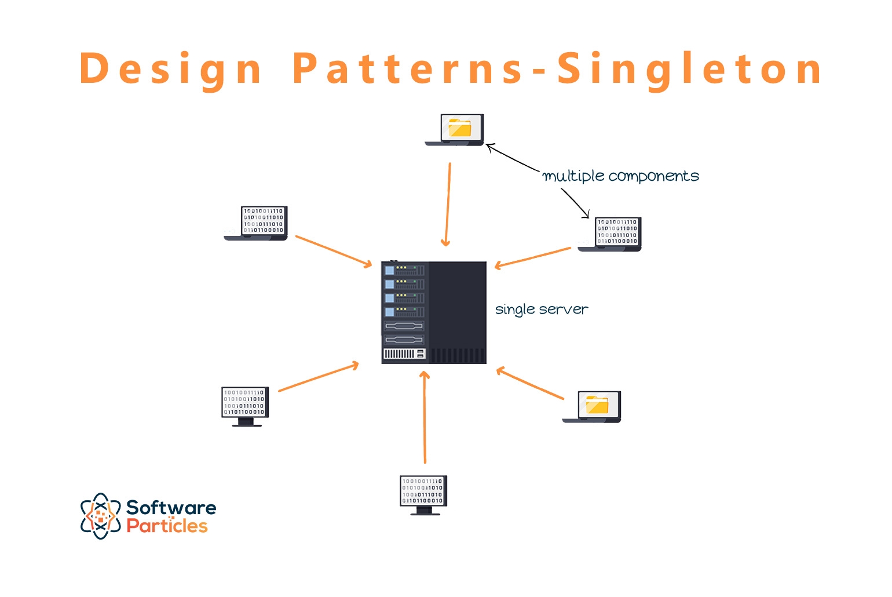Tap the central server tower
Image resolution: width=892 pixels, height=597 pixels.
tap(433, 312)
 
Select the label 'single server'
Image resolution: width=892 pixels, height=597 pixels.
tap(541, 310)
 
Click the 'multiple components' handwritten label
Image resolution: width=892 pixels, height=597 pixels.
tap(620, 176)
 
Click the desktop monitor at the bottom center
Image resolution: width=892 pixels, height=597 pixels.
tap(423, 494)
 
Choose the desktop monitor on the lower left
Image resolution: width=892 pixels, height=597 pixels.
tap(245, 406)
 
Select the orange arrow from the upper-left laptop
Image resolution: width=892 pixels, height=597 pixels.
tap(333, 251)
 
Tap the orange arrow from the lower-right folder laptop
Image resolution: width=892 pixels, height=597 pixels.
tap(529, 383)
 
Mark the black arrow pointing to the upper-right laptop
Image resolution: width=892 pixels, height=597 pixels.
tap(575, 203)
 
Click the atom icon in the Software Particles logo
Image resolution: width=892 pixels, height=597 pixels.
tap(100, 516)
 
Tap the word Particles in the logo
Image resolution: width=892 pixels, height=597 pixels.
tap(167, 526)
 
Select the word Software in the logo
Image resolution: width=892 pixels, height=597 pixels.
tap(171, 508)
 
